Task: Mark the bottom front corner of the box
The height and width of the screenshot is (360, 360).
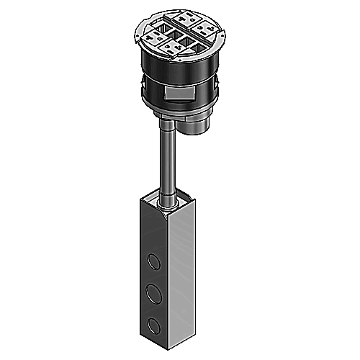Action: (x=169, y=351)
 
